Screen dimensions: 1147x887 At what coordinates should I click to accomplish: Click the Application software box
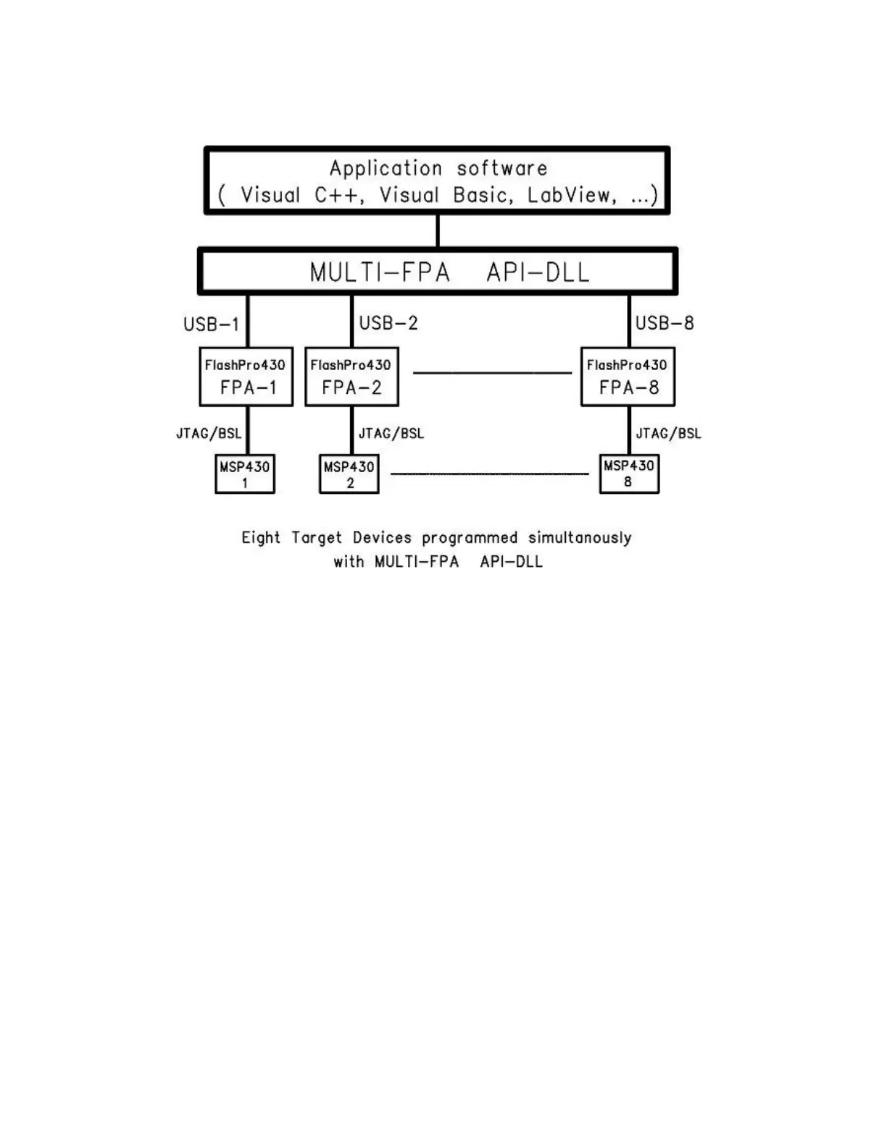[437, 180]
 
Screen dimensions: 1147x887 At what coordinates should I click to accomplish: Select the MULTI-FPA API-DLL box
[438, 272]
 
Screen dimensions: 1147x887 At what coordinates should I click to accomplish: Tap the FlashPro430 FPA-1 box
[246, 377]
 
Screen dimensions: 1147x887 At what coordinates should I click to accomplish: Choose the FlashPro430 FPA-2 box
[351, 377]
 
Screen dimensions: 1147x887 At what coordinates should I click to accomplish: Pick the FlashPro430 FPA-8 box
[628, 377]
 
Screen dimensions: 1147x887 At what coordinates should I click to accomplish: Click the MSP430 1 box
[245, 474]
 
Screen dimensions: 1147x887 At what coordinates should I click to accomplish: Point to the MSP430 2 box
[349, 474]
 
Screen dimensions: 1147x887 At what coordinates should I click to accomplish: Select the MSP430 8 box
[629, 474]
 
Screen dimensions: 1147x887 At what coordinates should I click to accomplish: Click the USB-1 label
[211, 324]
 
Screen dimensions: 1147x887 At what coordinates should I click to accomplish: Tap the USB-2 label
[388, 323]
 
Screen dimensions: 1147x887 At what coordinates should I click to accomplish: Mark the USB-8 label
[665, 323]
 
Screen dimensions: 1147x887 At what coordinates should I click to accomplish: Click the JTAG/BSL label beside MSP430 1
[209, 434]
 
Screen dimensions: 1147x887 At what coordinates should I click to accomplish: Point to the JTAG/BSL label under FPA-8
[668, 434]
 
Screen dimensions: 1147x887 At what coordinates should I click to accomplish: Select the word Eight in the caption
[261, 538]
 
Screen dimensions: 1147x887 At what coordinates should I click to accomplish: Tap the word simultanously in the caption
[580, 538]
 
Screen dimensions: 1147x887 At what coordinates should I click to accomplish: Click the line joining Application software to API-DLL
[438, 231]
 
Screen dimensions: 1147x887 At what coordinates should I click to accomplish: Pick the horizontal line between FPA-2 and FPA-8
[492, 373]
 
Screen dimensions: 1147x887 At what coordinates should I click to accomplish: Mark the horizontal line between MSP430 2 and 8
[489, 474]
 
